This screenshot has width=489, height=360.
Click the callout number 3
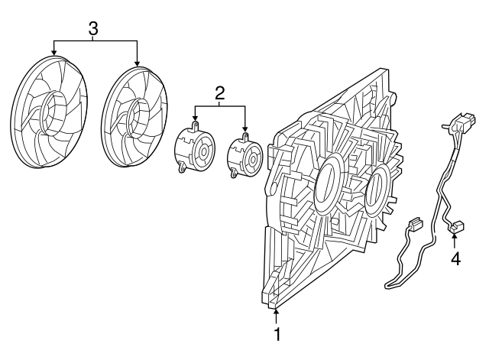click(x=93, y=29)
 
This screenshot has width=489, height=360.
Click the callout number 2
click(x=219, y=92)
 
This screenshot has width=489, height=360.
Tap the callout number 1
click(x=277, y=334)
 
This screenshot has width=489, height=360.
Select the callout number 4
click(x=456, y=259)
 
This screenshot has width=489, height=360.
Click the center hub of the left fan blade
click(x=52, y=113)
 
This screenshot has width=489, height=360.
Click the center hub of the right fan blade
click(x=139, y=117)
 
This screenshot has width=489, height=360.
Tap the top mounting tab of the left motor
click(x=196, y=125)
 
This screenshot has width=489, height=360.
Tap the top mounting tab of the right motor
click(x=245, y=137)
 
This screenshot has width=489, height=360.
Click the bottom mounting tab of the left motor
click(x=182, y=168)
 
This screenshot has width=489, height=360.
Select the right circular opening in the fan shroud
click(x=378, y=190)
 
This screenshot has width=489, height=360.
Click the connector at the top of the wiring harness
click(x=465, y=122)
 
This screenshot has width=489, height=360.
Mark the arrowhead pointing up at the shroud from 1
click(x=277, y=312)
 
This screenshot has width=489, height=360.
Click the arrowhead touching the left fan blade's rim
click(x=54, y=53)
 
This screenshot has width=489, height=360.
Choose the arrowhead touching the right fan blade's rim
click(x=138, y=63)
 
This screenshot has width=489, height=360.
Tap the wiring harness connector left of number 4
click(x=416, y=223)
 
